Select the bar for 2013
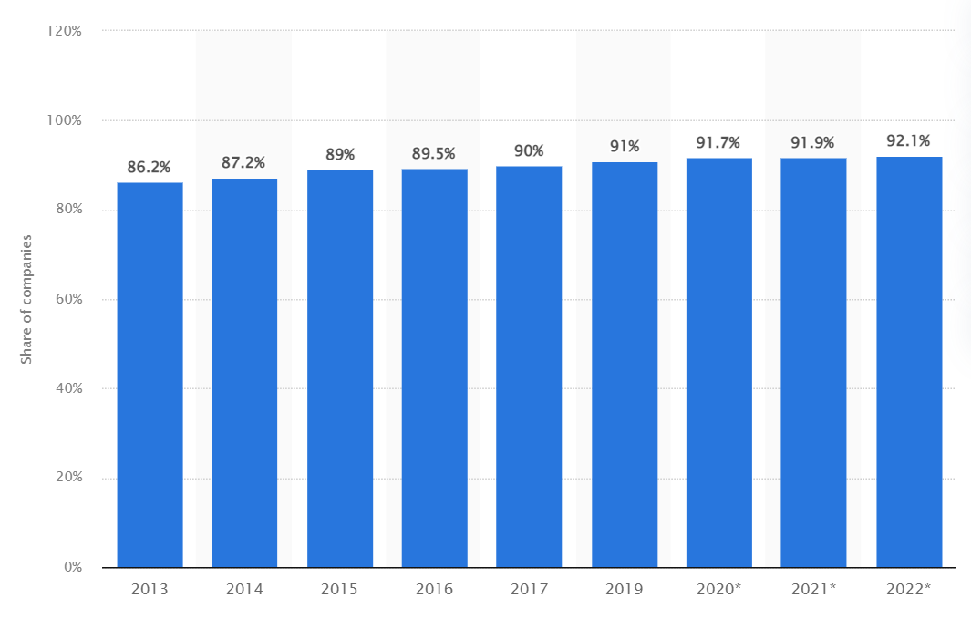(x=150, y=375)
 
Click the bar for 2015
(x=339, y=368)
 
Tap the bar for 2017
(x=529, y=366)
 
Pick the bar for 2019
(x=625, y=365)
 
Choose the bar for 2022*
(x=909, y=362)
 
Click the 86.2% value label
(x=150, y=167)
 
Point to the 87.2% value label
(x=243, y=162)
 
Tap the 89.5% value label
(x=434, y=153)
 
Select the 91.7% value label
(x=718, y=142)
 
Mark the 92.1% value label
(x=908, y=140)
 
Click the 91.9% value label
(x=813, y=142)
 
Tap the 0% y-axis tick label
(x=72, y=567)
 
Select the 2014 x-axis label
(x=244, y=589)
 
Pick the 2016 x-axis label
(x=434, y=589)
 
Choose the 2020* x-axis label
(x=718, y=589)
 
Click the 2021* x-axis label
(x=813, y=589)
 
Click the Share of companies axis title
(x=26, y=299)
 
